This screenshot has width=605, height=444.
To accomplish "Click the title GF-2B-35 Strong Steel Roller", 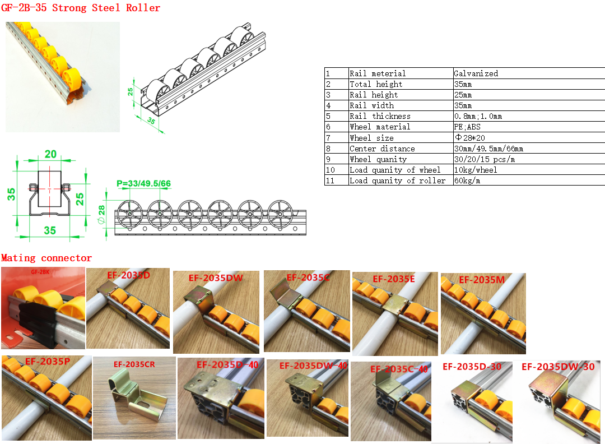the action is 81,8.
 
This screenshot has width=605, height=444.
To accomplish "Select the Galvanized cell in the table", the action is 476,73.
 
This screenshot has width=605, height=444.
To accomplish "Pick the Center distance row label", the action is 382,149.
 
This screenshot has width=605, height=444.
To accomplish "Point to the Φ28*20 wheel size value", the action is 469,138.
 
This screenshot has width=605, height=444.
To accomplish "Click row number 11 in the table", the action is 330,181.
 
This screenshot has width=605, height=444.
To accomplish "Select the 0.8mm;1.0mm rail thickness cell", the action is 478,116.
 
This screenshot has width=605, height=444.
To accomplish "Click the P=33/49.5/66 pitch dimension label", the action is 143,183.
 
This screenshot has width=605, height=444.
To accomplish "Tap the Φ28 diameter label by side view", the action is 101,214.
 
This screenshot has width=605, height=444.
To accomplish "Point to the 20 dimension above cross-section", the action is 50,154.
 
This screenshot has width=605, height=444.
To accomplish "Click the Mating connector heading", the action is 46,258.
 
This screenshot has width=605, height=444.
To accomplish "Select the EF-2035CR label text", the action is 134,364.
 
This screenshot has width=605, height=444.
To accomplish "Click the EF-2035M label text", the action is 482,280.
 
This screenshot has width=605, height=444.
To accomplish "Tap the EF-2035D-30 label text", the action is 472,367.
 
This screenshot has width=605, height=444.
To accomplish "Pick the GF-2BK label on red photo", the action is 40,272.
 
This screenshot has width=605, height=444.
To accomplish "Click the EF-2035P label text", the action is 48,362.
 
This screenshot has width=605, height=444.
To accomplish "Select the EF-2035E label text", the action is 394,279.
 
